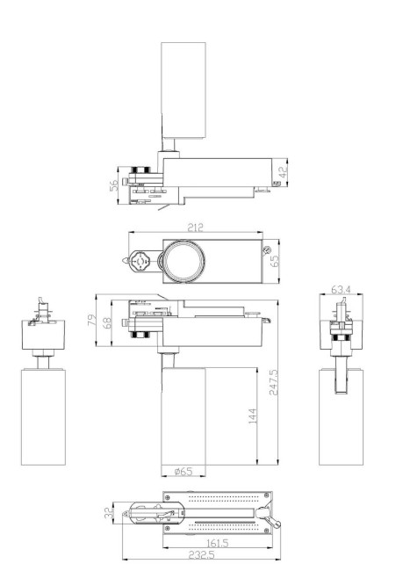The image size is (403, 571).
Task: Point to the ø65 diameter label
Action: click(x=183, y=472)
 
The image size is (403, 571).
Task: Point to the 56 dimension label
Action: click(x=114, y=186)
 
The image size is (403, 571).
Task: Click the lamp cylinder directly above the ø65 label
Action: click(x=183, y=417)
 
